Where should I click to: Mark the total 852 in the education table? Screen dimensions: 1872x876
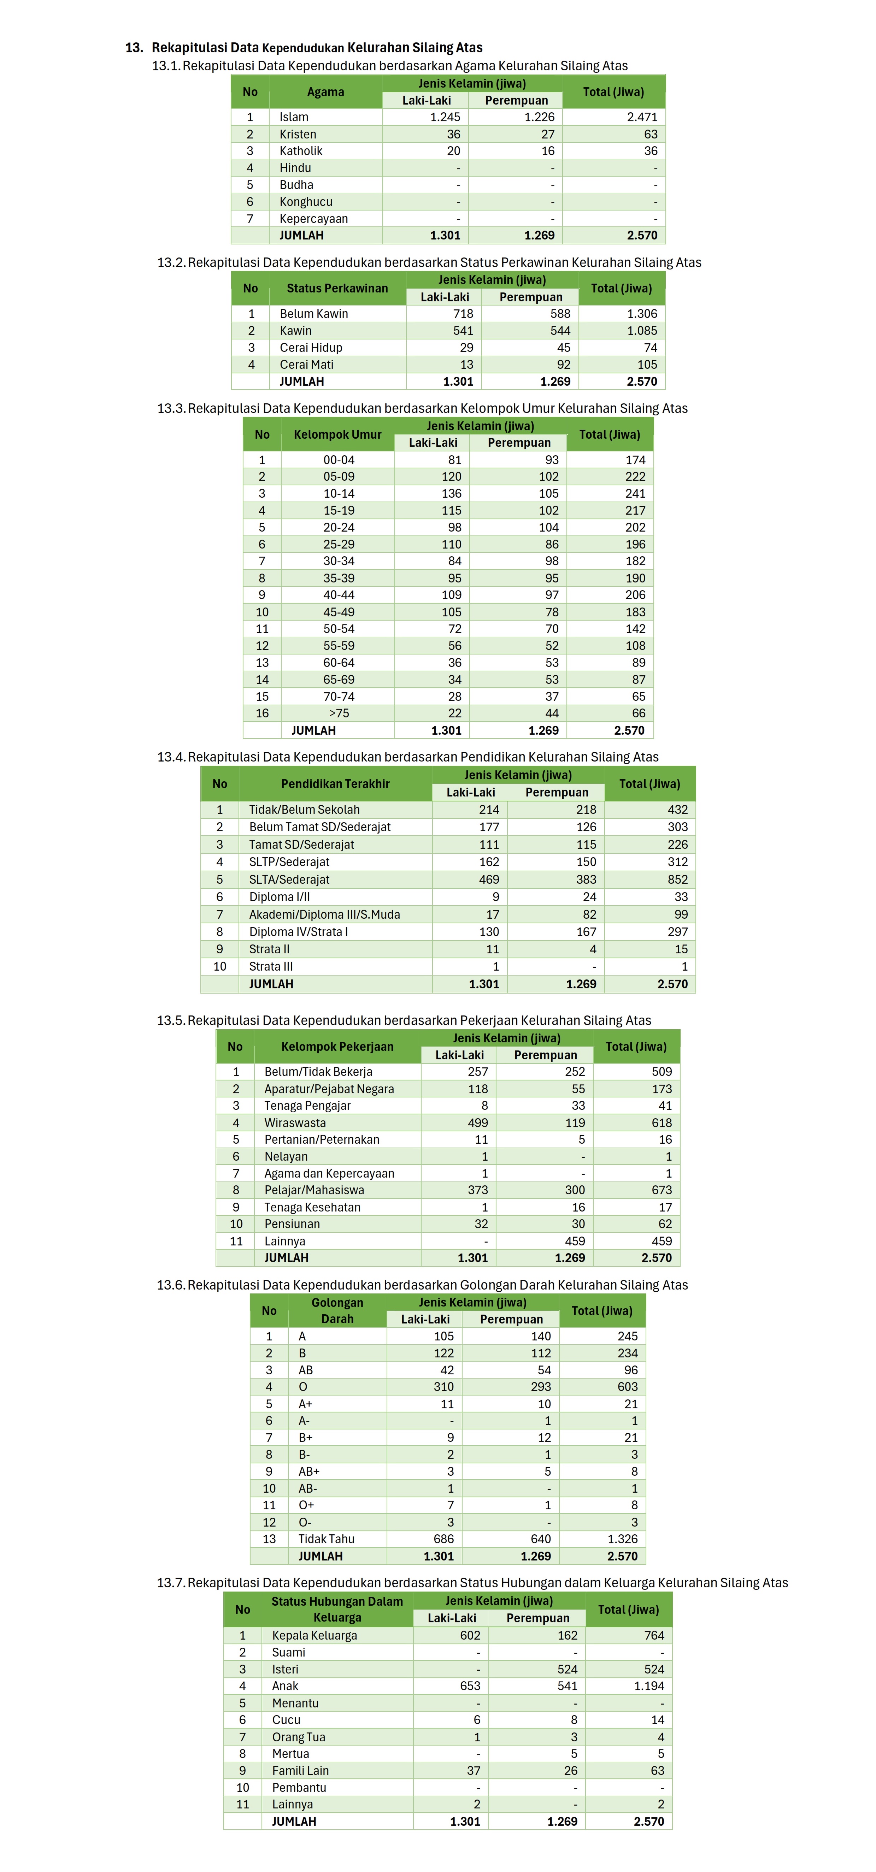677,879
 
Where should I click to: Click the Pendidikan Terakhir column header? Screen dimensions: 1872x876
335,783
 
